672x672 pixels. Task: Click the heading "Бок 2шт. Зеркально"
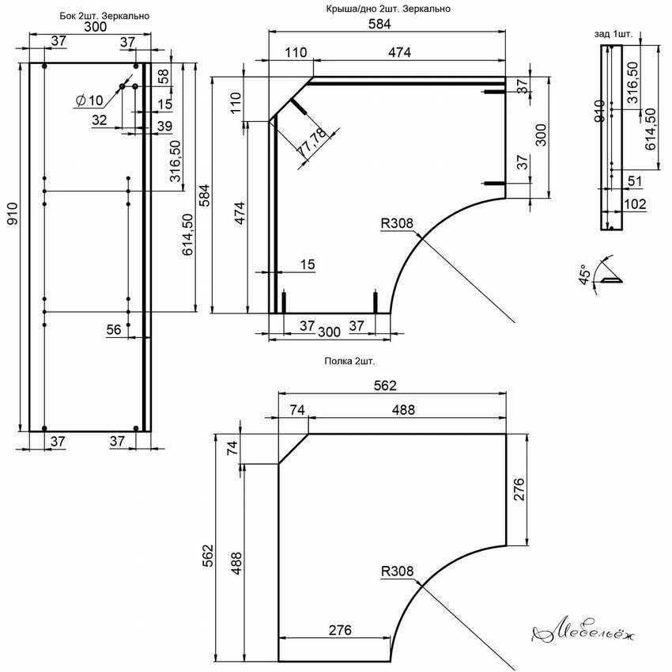coord(104,16)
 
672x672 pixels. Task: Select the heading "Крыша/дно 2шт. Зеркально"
coord(388,9)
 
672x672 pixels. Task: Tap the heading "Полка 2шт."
coord(349,361)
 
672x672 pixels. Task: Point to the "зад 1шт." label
coord(613,34)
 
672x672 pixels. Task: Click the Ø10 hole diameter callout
coord(89,101)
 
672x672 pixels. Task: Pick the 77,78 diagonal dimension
coord(312,142)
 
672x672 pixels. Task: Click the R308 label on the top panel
coord(398,223)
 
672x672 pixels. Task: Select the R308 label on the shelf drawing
coord(398,571)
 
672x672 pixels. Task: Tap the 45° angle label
coord(584,275)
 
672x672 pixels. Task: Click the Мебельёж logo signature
coord(583,632)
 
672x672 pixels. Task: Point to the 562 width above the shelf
coord(385,385)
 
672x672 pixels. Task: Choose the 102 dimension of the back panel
coord(635,204)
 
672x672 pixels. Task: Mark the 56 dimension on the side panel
coord(114,329)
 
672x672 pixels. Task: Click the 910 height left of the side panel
coord(13,214)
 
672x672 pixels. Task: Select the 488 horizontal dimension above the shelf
coord(403,410)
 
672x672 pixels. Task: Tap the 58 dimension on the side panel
coord(164,77)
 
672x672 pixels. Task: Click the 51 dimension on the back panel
coord(635,181)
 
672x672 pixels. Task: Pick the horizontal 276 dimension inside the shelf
coord(340,630)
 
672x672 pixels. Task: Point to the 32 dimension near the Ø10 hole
coord(99,120)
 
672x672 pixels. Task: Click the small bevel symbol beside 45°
coord(610,280)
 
